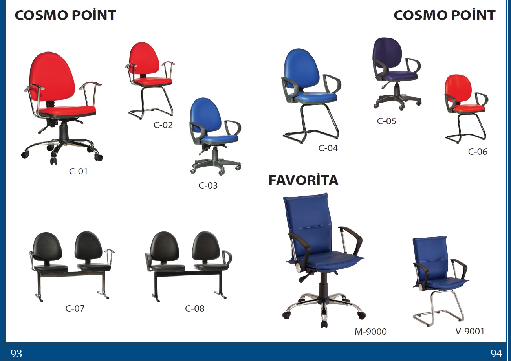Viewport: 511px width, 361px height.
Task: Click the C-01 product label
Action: coord(78,171)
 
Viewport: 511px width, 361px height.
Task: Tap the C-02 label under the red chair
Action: coord(163,125)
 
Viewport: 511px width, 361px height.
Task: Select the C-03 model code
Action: coord(208,185)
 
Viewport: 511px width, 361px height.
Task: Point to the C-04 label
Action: coord(328,148)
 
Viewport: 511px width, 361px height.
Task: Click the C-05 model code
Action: coord(386,121)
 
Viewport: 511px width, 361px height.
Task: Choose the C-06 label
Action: coord(478,152)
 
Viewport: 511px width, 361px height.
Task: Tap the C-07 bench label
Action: coord(75,308)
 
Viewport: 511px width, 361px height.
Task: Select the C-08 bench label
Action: coord(194,308)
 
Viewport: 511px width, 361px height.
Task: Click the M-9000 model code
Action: coord(370,332)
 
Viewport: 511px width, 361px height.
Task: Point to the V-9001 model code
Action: coord(470,331)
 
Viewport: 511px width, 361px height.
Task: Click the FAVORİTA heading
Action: coord(303,180)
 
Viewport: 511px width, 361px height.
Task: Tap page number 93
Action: coord(16,354)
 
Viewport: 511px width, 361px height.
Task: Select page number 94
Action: coord(496,354)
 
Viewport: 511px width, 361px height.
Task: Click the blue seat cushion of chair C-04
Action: coord(315,96)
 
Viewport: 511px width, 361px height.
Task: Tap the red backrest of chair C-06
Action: coord(458,88)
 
